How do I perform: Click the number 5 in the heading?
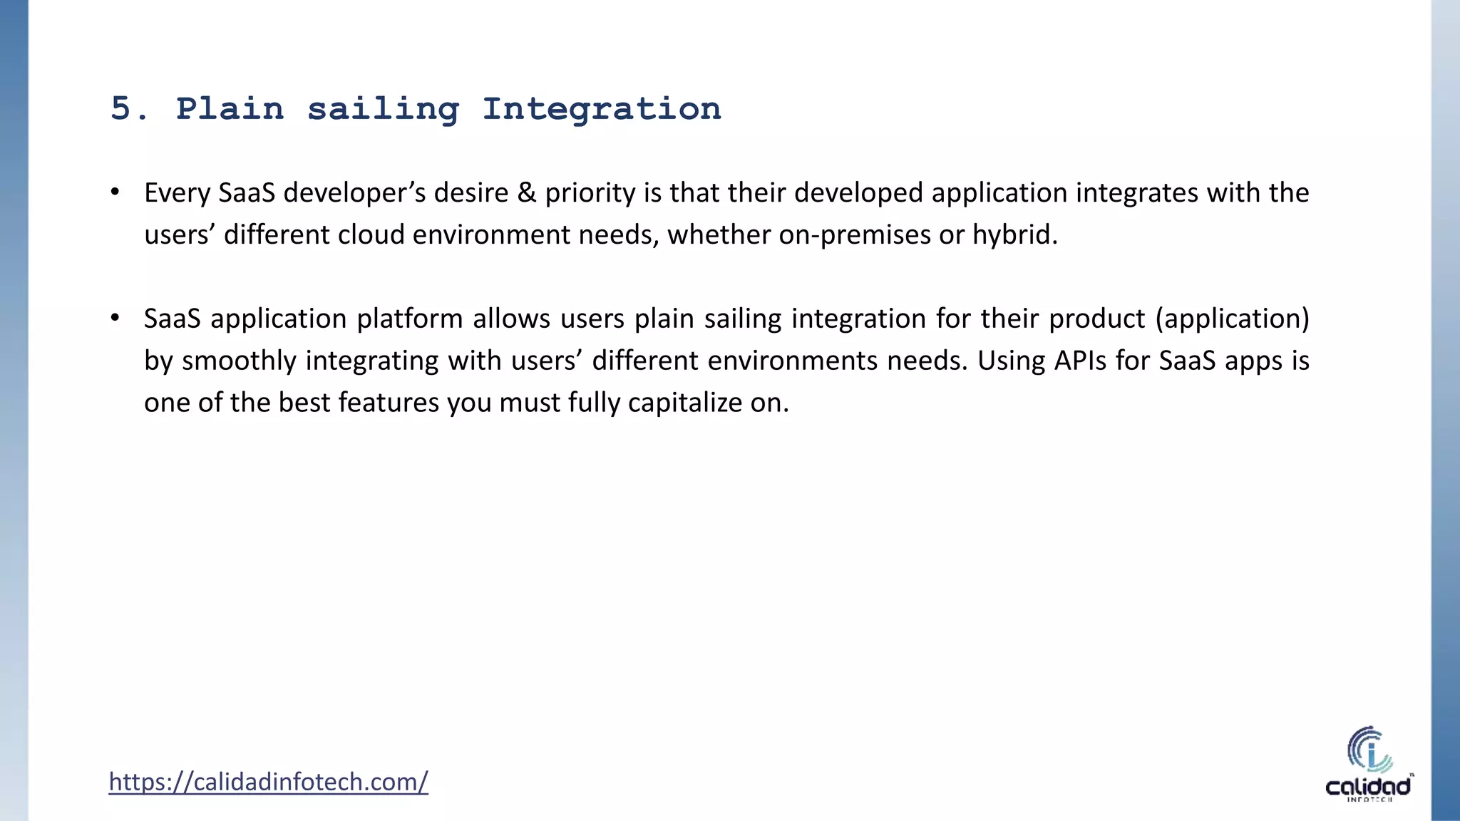point(120,109)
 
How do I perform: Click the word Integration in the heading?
point(601,109)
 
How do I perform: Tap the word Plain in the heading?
point(230,109)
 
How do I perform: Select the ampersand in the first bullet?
point(526,193)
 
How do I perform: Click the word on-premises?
point(854,235)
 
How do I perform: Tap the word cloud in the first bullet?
point(371,235)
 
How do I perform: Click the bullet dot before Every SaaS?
point(115,192)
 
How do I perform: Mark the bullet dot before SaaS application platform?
point(115,318)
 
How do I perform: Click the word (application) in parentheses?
point(1232,319)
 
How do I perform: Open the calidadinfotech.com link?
point(268,782)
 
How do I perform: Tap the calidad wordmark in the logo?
point(1368,787)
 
